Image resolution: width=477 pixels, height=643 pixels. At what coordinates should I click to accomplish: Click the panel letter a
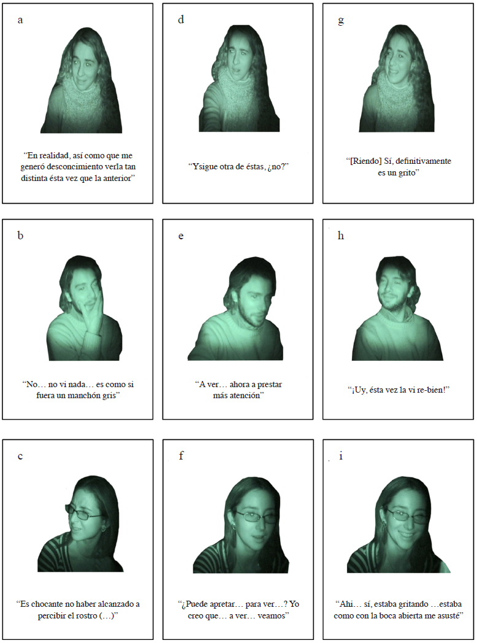click(x=20, y=20)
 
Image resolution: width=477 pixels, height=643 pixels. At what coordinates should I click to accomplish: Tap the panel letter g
click(x=340, y=20)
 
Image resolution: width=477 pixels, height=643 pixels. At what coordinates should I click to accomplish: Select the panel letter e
click(x=181, y=236)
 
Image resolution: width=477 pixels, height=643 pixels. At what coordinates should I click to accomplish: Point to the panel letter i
click(x=341, y=456)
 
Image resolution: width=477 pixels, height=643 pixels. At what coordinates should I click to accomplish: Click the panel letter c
click(x=20, y=456)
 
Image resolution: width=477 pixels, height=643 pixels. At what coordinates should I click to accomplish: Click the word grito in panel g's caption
click(x=406, y=173)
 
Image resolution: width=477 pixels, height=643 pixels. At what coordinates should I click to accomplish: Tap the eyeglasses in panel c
click(x=84, y=513)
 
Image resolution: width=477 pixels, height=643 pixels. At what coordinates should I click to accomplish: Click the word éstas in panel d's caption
click(x=252, y=167)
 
